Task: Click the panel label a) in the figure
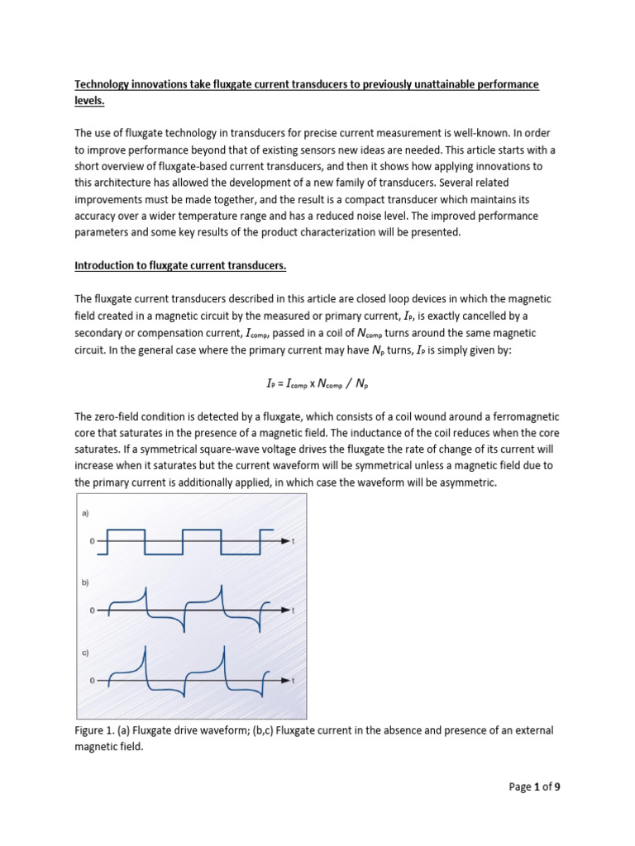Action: click(84, 513)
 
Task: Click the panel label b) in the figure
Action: click(84, 582)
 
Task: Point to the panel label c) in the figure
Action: click(84, 652)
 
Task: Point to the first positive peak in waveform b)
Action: click(145, 588)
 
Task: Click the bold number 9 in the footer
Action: click(557, 787)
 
